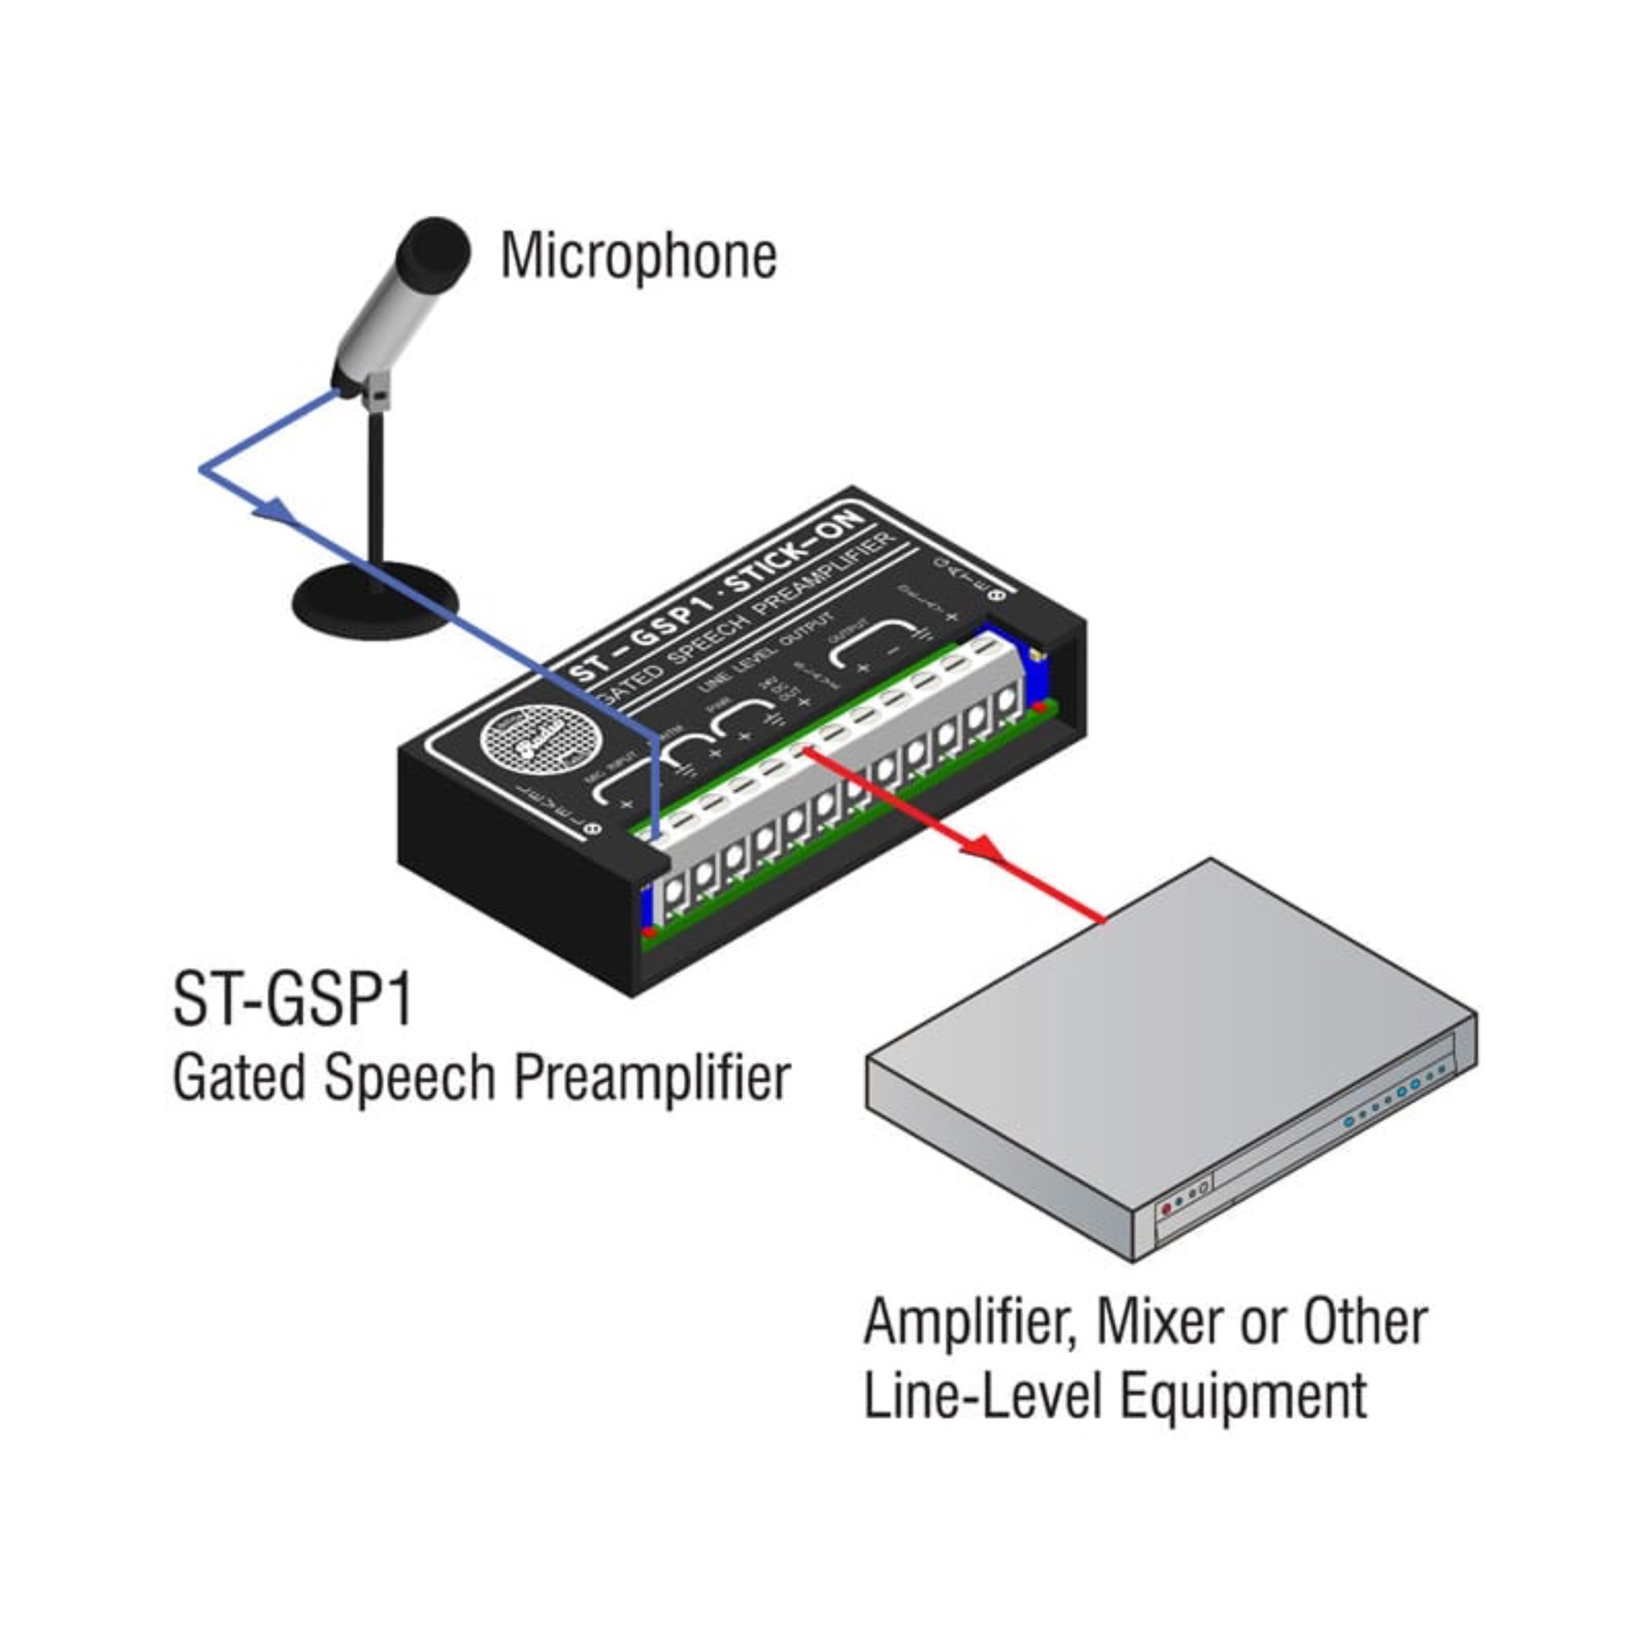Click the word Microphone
(637, 256)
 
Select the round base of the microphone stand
(375, 602)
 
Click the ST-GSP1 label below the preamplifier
(293, 999)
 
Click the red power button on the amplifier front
(1167, 1210)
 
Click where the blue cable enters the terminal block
(655, 838)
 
